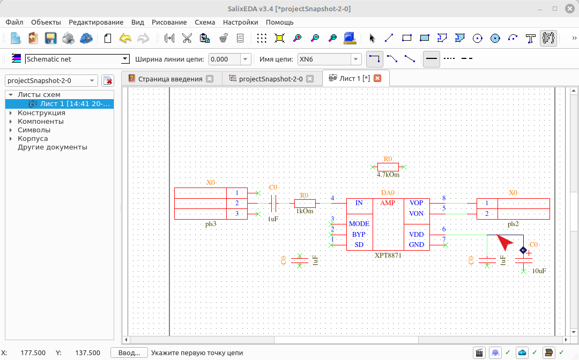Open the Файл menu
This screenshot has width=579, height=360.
pyautogui.click(x=14, y=22)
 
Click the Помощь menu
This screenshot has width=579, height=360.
pyautogui.click(x=279, y=22)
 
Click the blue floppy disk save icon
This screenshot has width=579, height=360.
pyautogui.click(x=50, y=38)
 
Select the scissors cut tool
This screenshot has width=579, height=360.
pyautogui.click(x=187, y=38)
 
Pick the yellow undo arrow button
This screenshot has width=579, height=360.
pyautogui.click(x=125, y=38)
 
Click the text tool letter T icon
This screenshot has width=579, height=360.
pyautogui.click(x=531, y=38)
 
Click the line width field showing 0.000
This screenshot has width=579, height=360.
pyautogui.click(x=225, y=59)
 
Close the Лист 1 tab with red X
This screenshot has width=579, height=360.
pyautogui.click(x=377, y=78)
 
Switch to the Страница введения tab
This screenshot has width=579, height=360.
pyautogui.click(x=170, y=79)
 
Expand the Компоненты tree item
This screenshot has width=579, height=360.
pyautogui.click(x=11, y=122)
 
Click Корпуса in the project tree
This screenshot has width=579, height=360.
pyautogui.click(x=33, y=139)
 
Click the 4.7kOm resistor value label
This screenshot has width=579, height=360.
pyautogui.click(x=388, y=175)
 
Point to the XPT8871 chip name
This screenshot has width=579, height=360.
pyautogui.click(x=388, y=255)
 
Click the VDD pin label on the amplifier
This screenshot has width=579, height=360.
pyautogui.click(x=416, y=235)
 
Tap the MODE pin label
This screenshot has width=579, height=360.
pyautogui.click(x=359, y=224)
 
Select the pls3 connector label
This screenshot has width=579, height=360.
pyautogui.click(x=211, y=224)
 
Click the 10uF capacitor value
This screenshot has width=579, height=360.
pyautogui.click(x=539, y=271)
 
